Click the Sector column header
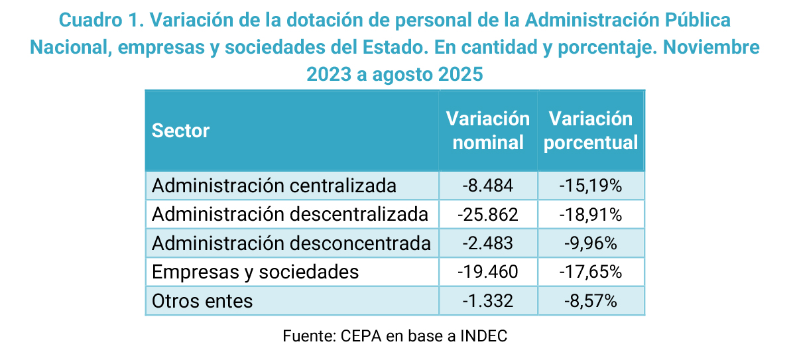pos(181,131)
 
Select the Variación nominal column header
pos(487,131)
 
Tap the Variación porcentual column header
pos(591,131)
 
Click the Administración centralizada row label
pos(274,186)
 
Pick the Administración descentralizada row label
pos(290,215)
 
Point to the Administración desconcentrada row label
pos(291,243)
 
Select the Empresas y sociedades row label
pos(255,272)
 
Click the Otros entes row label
pos(202,301)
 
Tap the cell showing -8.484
pos(487,186)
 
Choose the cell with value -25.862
pos(487,215)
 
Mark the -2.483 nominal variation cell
pos(487,243)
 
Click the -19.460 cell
pos(487,272)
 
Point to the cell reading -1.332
pos(487,301)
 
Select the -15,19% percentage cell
pos(591,186)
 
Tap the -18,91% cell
pos(591,215)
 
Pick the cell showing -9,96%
pos(591,243)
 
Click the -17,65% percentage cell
pos(591,272)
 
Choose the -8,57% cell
pos(591,301)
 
